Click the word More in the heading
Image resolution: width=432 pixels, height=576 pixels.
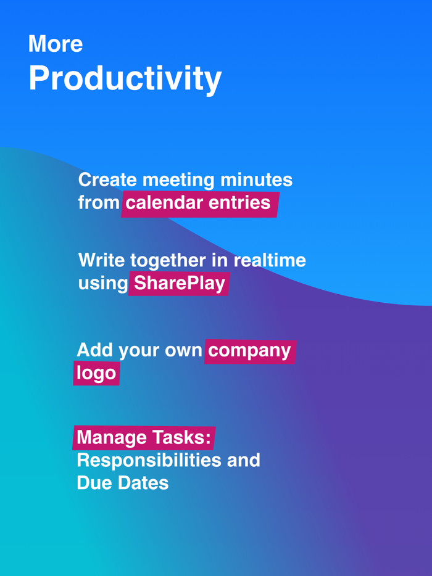pyautogui.click(x=56, y=44)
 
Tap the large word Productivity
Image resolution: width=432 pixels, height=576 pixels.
pyautogui.click(x=125, y=78)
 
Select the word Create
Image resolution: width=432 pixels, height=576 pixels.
pyautogui.click(x=107, y=180)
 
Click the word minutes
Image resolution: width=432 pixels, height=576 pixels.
pyautogui.click(x=256, y=180)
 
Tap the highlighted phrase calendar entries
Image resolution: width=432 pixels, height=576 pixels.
pyautogui.click(x=198, y=203)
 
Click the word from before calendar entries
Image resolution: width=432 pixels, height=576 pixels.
pyautogui.click(x=98, y=203)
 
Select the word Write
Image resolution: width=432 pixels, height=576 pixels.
pyautogui.click(x=101, y=260)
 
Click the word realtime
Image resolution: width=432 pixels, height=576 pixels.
pyautogui.click(x=270, y=260)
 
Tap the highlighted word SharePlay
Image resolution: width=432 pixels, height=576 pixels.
pyautogui.click(x=179, y=283)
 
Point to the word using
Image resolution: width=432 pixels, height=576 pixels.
pyautogui.click(x=102, y=283)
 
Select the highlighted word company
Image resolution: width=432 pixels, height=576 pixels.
pyautogui.click(x=249, y=350)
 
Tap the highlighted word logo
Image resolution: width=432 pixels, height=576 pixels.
pyautogui.click(x=96, y=373)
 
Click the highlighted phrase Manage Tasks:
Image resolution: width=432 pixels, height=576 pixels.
pyautogui.click(x=144, y=438)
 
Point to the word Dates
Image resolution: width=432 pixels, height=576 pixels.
pyautogui.click(x=143, y=483)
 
